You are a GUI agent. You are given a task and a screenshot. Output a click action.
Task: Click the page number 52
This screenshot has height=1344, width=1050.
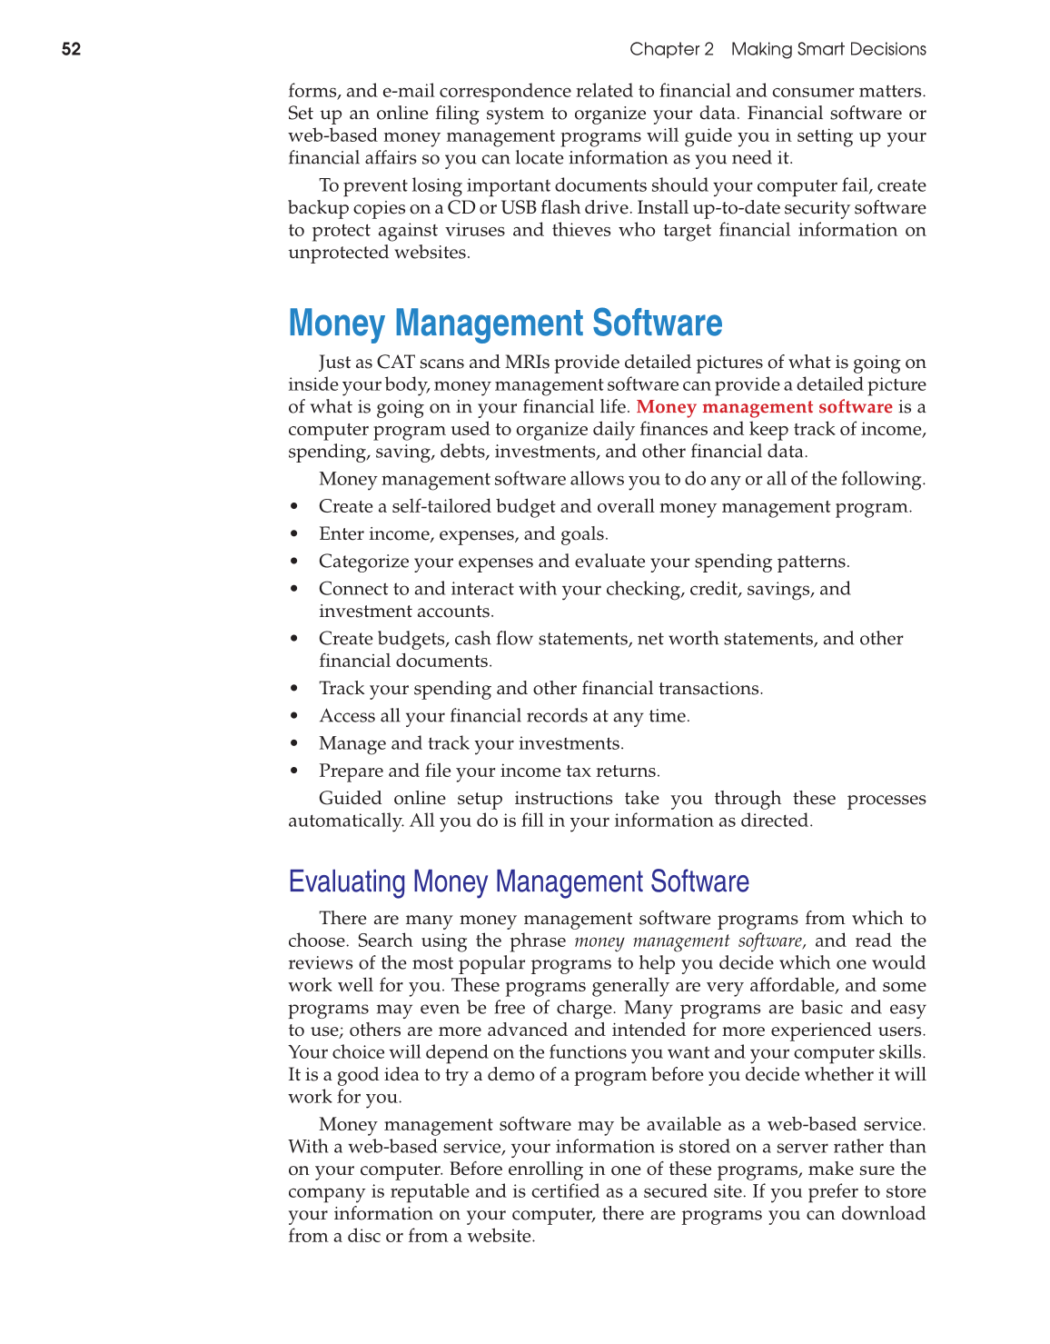(x=71, y=49)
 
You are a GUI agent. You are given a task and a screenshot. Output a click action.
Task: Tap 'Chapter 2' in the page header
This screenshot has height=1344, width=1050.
(x=671, y=49)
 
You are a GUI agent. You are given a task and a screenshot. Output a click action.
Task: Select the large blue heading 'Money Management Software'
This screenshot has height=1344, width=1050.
(x=505, y=324)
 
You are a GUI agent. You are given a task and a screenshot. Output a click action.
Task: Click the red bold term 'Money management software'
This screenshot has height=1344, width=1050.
(x=764, y=407)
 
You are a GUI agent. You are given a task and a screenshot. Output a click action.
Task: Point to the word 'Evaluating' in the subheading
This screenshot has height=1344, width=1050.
(x=347, y=881)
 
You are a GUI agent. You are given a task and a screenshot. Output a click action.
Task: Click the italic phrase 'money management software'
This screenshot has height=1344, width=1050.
(x=688, y=941)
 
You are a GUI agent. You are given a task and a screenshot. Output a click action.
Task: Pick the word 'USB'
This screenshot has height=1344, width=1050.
(x=518, y=207)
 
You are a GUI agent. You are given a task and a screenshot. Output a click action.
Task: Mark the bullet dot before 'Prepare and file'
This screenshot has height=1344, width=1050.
(x=294, y=772)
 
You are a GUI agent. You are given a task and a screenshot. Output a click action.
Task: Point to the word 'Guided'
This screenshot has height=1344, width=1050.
(x=351, y=798)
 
